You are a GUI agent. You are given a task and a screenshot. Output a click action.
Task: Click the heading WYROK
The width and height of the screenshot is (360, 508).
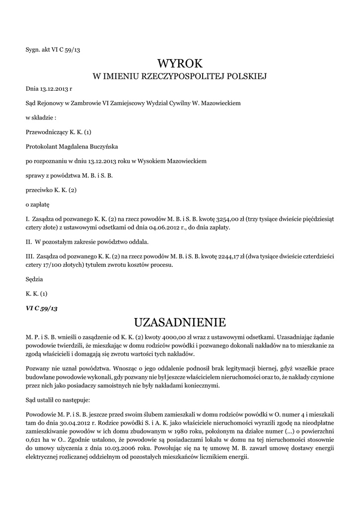180,63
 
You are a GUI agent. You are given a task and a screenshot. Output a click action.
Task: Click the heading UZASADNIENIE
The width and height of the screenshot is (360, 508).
180,322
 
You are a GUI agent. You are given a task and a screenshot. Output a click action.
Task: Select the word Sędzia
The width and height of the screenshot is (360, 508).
34,279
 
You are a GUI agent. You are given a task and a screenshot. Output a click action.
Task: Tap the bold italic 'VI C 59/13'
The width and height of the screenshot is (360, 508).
42,308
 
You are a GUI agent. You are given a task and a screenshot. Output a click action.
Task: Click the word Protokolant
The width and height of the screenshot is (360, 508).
41,146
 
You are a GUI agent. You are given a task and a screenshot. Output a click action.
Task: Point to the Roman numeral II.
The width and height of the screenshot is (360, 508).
28,242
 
